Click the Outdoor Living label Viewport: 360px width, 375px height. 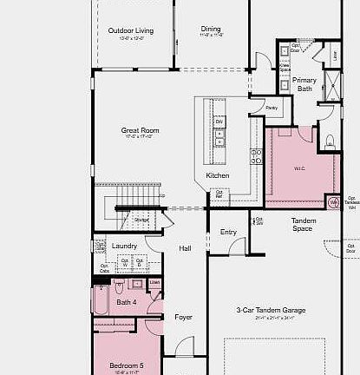[130, 31]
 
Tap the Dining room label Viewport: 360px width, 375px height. [211, 29]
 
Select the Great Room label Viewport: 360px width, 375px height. [141, 131]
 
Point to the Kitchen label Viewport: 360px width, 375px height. [218, 176]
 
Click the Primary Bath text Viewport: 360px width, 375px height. [304, 84]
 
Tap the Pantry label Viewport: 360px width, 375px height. [272, 108]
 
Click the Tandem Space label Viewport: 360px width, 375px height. [303, 225]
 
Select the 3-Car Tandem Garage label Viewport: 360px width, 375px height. [271, 310]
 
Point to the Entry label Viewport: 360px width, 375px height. [228, 232]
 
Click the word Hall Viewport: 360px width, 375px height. [185, 248]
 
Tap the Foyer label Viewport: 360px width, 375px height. [183, 318]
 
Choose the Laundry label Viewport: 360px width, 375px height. [125, 246]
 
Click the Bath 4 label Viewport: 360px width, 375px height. [127, 301]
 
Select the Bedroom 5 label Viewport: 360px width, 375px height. [127, 365]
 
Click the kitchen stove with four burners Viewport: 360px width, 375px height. [257, 156]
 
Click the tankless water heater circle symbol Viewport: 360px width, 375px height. [332, 203]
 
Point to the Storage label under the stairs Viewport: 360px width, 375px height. [141, 220]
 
